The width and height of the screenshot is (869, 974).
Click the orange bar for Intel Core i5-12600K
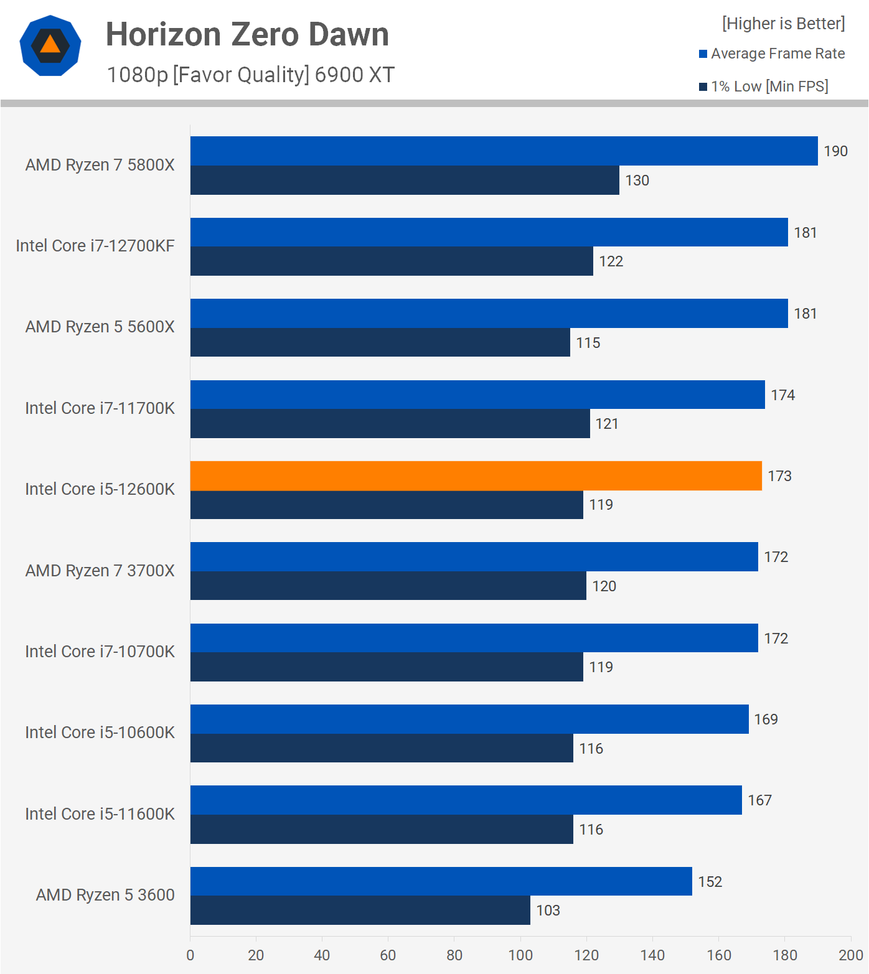coord(476,476)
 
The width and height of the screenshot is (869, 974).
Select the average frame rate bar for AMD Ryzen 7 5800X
coord(504,151)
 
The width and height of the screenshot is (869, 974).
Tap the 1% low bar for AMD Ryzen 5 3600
coord(360,911)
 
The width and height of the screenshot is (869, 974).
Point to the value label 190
coord(835,151)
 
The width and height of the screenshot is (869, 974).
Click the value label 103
coord(548,911)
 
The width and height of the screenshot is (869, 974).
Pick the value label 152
coord(710,882)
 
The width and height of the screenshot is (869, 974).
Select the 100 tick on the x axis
coord(520,955)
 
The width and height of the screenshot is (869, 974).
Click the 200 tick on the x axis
coord(850,955)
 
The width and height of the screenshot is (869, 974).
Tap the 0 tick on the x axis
coord(190,955)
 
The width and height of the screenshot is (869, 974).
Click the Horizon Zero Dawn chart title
coord(247,34)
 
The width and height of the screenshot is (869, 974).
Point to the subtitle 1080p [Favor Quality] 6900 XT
coord(250,75)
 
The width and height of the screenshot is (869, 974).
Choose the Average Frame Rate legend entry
coord(772,54)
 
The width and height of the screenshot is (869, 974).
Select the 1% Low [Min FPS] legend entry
coord(764,87)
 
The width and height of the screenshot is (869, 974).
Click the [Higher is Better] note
coord(783,24)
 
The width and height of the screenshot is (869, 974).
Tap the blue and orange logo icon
coord(50,45)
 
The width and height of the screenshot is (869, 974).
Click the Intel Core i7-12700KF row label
coord(95,246)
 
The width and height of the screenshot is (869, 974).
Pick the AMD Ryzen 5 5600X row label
coord(100,327)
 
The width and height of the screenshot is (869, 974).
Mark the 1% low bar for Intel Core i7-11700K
coord(390,424)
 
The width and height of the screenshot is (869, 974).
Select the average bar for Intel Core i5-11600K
coord(466,800)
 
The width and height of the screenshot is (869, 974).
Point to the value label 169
coord(766,719)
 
